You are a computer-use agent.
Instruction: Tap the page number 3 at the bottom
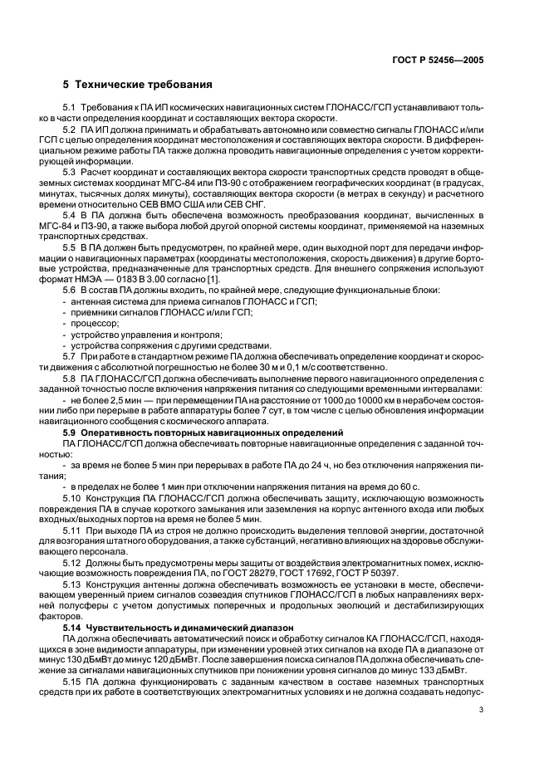[x=481, y=710]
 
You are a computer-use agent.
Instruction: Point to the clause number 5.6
[x=69, y=312]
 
